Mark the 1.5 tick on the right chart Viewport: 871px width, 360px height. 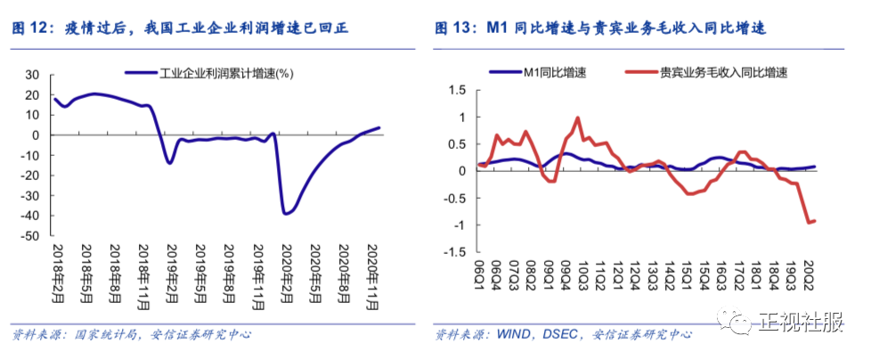point(458,89)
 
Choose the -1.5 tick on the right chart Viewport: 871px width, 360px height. point(456,252)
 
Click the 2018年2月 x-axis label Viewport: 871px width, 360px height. point(56,272)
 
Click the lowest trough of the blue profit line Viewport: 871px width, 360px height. point(285,214)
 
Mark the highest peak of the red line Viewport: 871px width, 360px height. point(578,118)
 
